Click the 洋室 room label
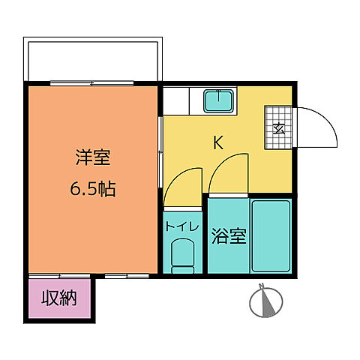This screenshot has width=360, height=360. (x=93, y=158)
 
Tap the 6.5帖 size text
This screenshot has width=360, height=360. (x=93, y=189)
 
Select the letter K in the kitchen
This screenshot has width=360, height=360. (x=219, y=142)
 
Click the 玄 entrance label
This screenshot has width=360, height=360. (x=277, y=127)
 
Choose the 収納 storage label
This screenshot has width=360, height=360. (x=60, y=299)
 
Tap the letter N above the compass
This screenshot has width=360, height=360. (x=262, y=285)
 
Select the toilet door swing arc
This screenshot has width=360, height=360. (x=183, y=182)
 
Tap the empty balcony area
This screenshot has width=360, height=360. (x=93, y=59)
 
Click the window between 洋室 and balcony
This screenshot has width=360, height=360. (x=93, y=82)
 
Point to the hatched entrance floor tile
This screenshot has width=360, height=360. (x=277, y=127)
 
